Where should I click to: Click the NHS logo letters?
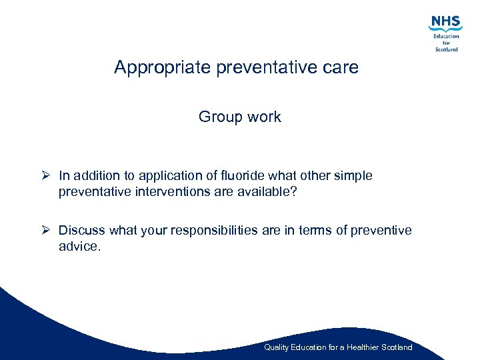[x=445, y=22]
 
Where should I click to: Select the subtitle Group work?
[x=240, y=117]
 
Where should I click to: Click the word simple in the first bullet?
[x=353, y=176]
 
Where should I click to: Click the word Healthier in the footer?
[x=359, y=347]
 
